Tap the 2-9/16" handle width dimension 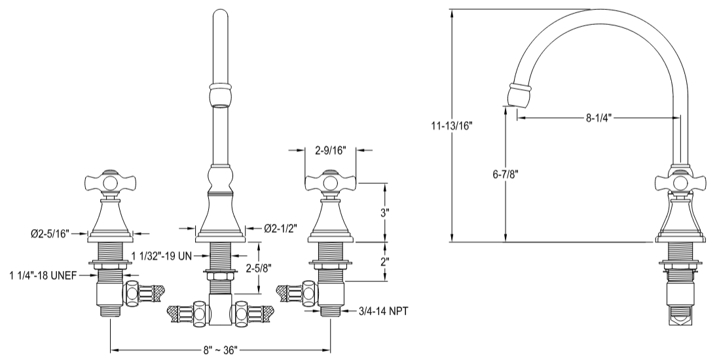click(x=331, y=151)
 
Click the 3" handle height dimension click(x=385, y=213)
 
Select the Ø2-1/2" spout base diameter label click(x=281, y=228)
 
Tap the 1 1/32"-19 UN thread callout click(x=161, y=255)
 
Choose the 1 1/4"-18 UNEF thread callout click(x=41, y=276)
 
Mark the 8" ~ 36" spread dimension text click(x=219, y=350)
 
